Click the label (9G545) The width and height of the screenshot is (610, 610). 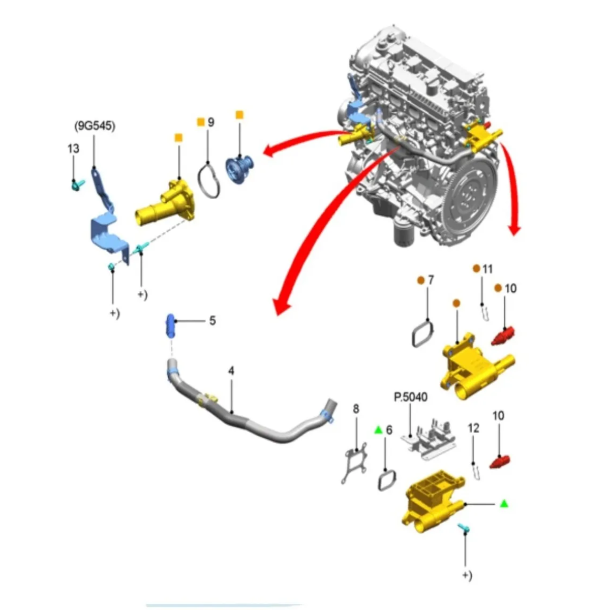(x=95, y=126)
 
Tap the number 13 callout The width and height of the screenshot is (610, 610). (x=73, y=148)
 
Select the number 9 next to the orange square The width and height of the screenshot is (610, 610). (x=211, y=122)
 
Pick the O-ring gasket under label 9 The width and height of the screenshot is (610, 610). (x=210, y=179)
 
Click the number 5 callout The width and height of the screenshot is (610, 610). (x=212, y=321)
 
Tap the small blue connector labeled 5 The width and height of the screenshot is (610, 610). (x=170, y=326)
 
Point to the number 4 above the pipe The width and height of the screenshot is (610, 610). (x=231, y=371)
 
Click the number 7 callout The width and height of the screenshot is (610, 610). (x=431, y=280)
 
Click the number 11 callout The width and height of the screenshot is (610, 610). (x=487, y=269)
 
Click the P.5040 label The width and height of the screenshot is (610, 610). (x=411, y=396)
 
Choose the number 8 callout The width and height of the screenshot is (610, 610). (x=356, y=408)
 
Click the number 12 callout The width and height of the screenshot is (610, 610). (x=473, y=429)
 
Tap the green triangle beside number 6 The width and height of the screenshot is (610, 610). (x=378, y=430)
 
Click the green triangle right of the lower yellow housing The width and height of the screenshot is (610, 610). (x=504, y=503)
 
